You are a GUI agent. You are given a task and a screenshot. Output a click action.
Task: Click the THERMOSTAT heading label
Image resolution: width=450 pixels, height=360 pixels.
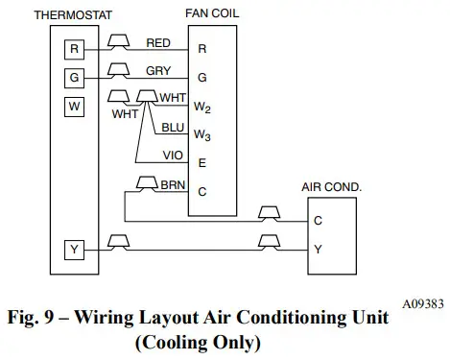click(x=67, y=14)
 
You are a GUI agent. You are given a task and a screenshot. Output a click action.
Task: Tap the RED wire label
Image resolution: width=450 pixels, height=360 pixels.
click(x=160, y=43)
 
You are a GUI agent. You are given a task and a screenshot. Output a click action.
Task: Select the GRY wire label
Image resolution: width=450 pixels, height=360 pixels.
click(x=160, y=72)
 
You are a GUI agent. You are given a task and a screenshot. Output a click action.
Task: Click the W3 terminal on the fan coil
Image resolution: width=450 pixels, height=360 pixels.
click(x=202, y=134)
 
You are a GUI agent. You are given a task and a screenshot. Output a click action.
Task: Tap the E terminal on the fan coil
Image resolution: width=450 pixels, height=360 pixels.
click(x=201, y=163)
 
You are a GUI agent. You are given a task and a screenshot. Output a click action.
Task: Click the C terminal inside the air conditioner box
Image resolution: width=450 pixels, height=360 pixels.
click(x=317, y=220)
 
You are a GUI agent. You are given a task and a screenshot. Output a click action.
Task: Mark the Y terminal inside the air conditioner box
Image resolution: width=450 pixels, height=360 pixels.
click(x=317, y=249)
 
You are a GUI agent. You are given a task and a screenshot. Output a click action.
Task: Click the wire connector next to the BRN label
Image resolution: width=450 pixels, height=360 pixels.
click(x=149, y=183)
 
